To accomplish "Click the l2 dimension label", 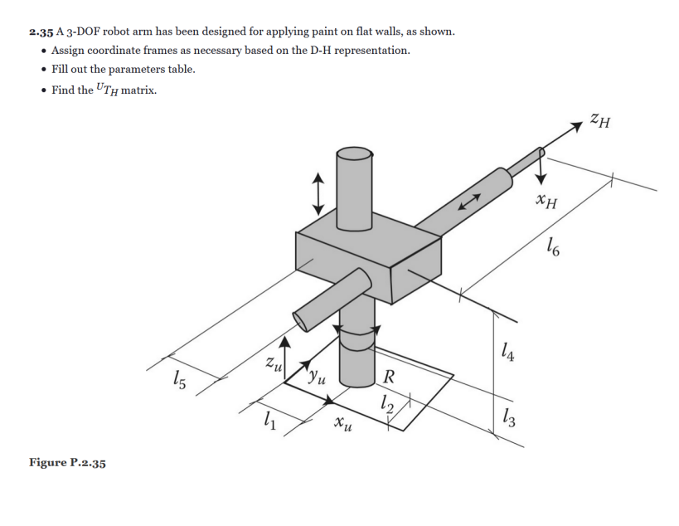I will (385, 405).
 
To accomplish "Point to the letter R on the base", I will (389, 380).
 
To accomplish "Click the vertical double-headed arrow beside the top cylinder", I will (317, 192).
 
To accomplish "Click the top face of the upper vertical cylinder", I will (354, 154).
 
